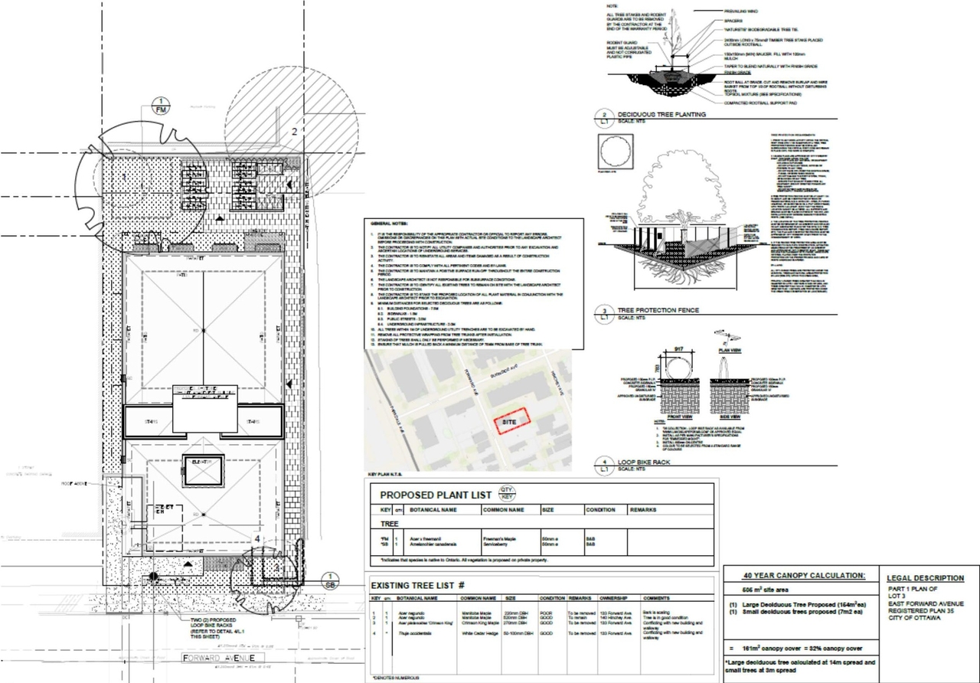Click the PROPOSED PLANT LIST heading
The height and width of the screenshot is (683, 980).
click(435, 495)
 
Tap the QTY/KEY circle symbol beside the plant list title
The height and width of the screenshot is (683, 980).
click(507, 492)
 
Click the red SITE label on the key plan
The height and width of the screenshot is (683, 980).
click(508, 422)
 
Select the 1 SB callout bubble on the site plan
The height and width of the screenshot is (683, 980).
click(329, 580)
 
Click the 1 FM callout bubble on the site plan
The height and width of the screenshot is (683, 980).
click(161, 106)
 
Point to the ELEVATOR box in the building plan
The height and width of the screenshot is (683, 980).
click(203, 462)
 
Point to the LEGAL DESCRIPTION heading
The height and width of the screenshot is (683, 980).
click(925, 578)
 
